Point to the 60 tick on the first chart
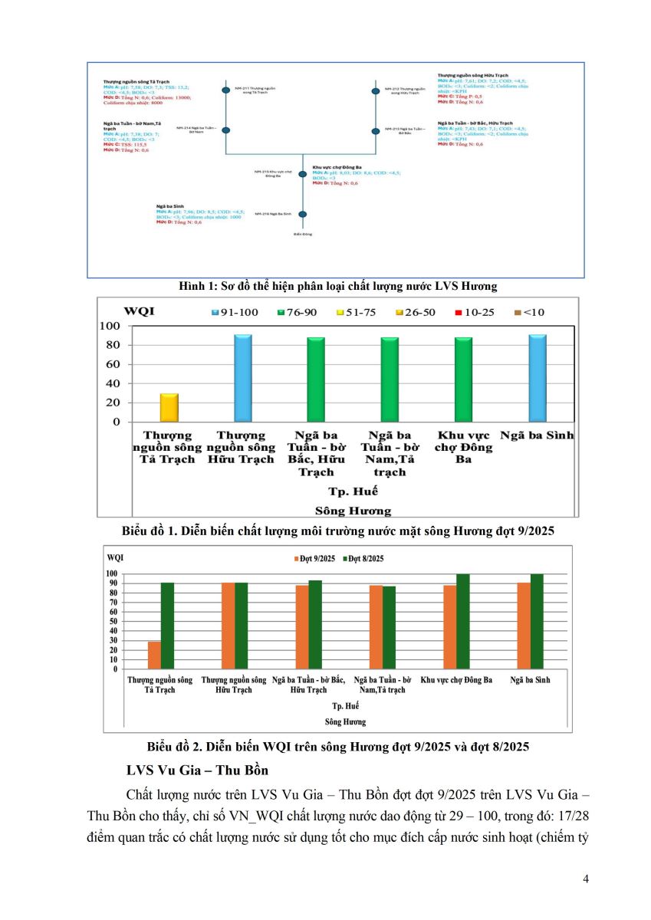(114, 364)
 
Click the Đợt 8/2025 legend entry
(367, 558)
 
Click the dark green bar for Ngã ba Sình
(535, 621)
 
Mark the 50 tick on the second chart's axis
(112, 622)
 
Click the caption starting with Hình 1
(338, 286)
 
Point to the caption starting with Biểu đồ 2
(338, 745)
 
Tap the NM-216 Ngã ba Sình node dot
(303, 214)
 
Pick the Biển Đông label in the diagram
(303, 232)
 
